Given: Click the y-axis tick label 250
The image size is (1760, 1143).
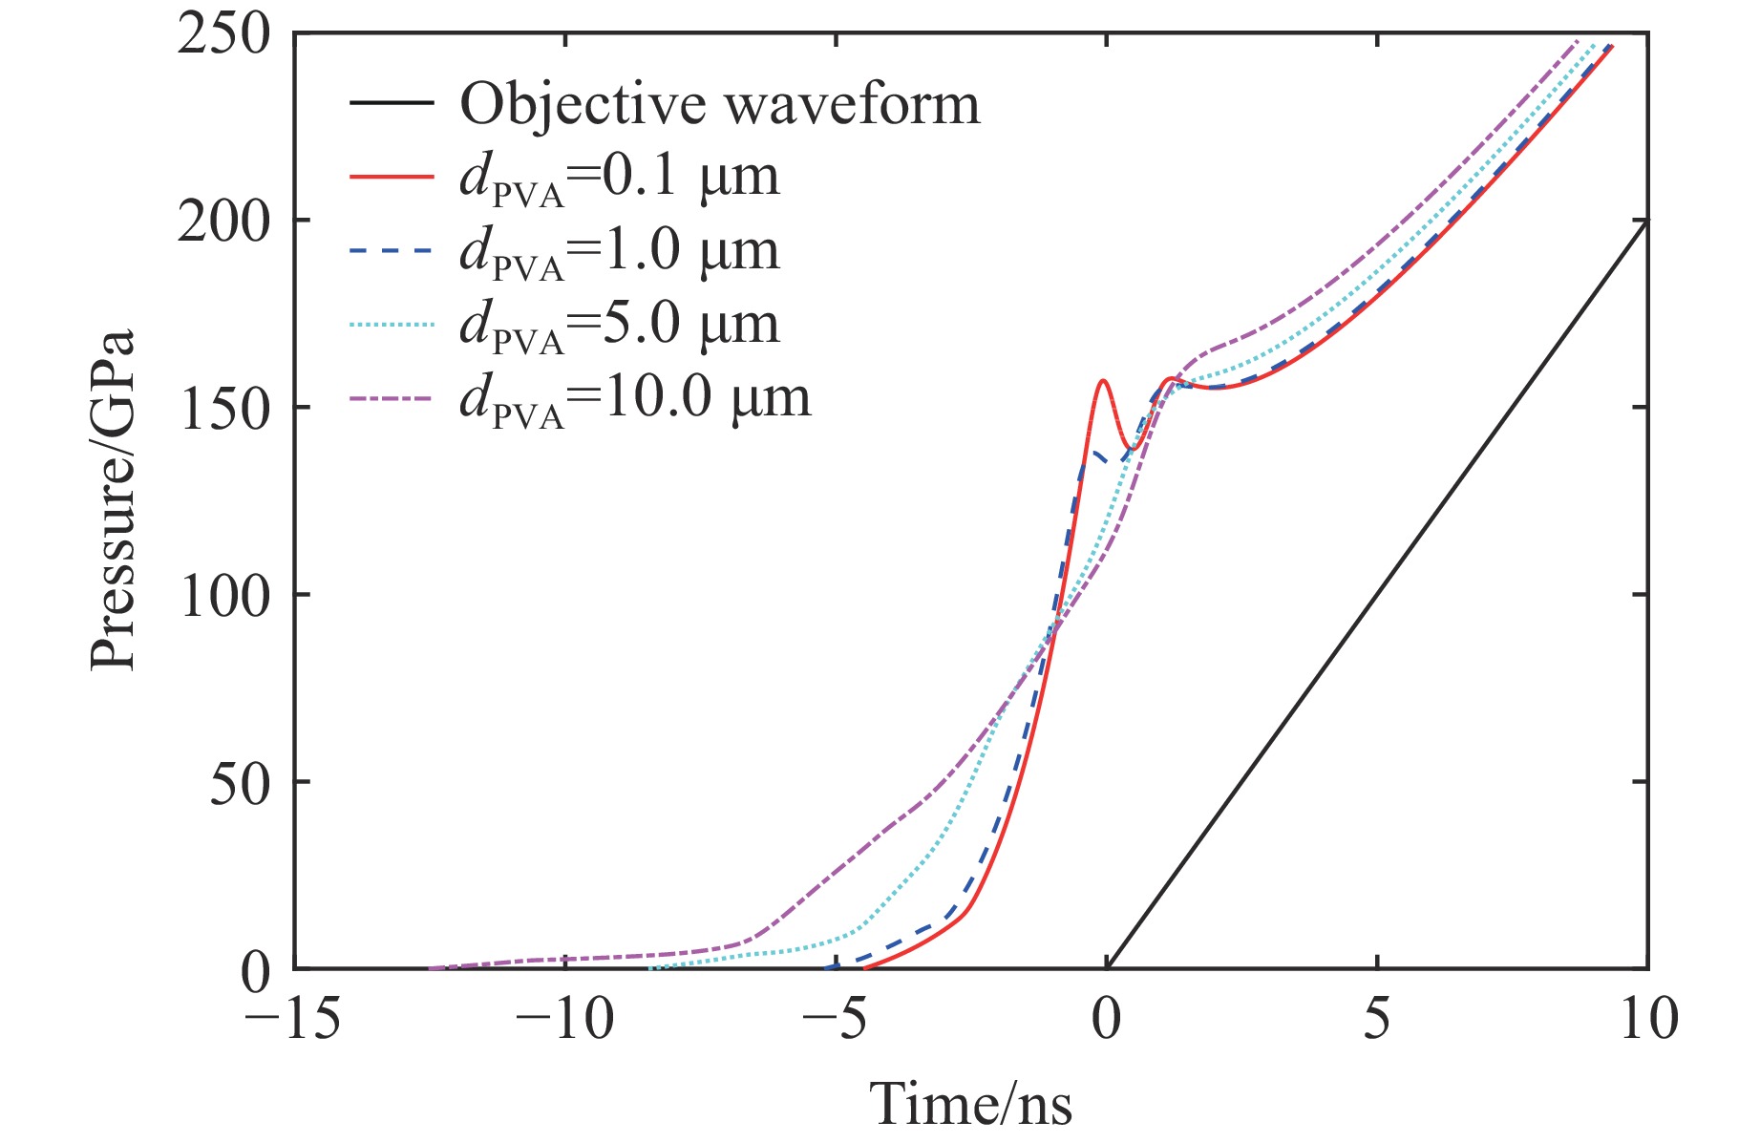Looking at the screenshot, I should tap(224, 36).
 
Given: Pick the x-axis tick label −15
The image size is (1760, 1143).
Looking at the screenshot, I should tap(293, 1019).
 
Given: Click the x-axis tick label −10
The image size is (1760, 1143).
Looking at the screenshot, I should tap(564, 1019).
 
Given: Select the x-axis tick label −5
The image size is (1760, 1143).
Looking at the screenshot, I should tap(835, 1019).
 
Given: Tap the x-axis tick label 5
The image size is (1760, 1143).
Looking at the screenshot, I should tap(1377, 1019).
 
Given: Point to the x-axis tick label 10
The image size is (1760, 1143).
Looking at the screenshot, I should tap(1647, 1019).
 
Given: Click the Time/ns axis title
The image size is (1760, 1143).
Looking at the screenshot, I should tap(970, 1105).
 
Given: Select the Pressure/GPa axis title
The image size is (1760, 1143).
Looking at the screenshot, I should tap(113, 500).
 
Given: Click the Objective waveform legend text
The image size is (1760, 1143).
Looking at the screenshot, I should tap(720, 104).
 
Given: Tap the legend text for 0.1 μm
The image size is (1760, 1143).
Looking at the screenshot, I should tap(620, 178).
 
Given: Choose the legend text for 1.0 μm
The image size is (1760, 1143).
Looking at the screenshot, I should tap(620, 251).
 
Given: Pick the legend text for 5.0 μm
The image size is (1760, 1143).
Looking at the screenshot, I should tap(620, 325).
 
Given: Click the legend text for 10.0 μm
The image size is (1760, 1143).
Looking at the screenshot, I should tap(635, 398).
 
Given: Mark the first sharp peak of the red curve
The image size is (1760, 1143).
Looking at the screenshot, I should tap(1104, 381).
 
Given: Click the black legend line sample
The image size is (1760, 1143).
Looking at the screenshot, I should tap(392, 104).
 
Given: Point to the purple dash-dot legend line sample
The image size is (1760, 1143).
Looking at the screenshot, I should tap(392, 398).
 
